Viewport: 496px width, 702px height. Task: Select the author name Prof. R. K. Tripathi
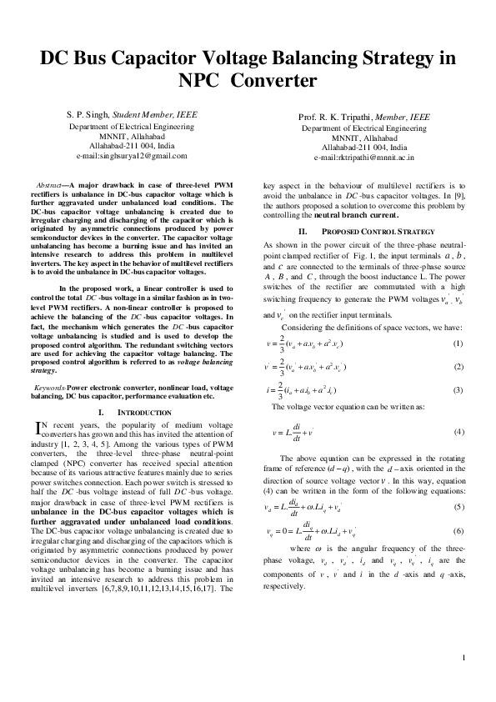tap(330, 118)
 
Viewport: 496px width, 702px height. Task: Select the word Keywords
tap(48, 389)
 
